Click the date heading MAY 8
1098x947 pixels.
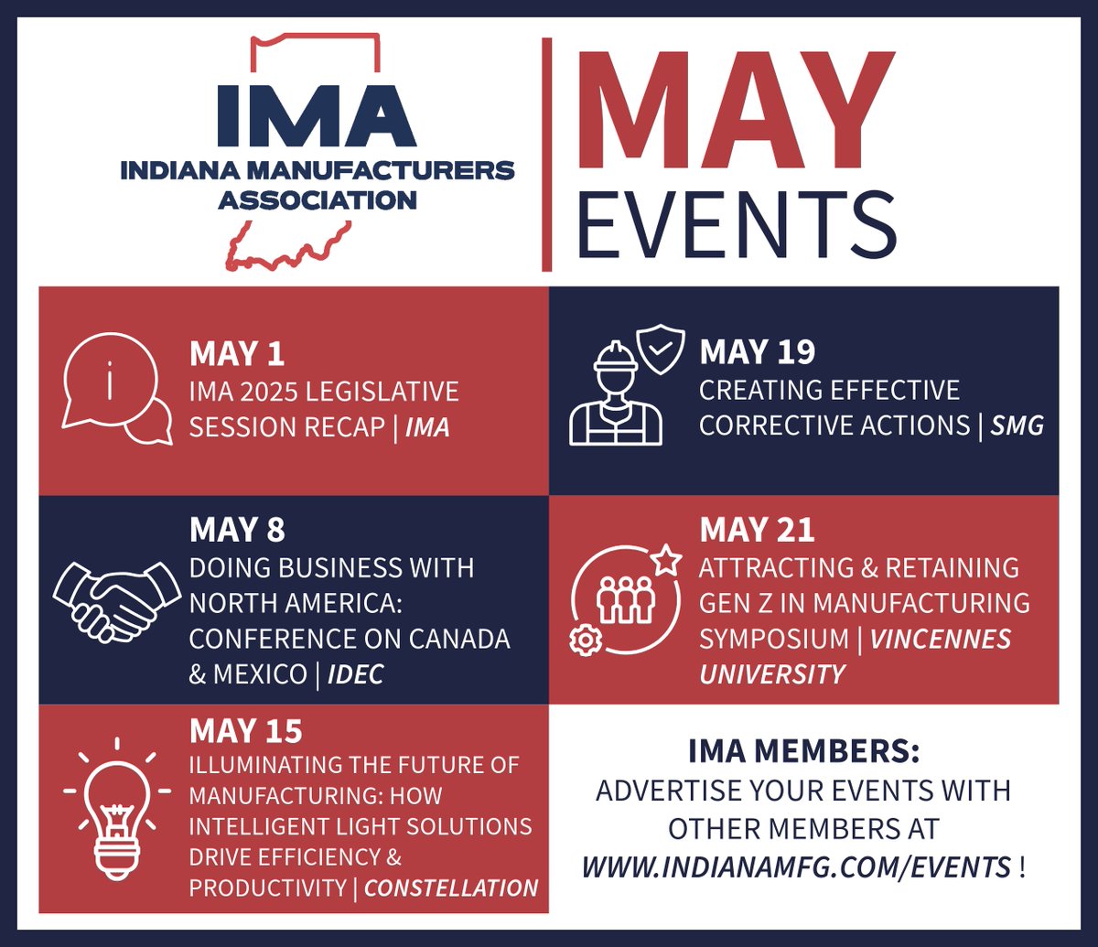237,530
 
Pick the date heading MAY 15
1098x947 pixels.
245,731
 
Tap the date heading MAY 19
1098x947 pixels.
757,352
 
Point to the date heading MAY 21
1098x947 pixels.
757,530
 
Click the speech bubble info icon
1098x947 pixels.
114,390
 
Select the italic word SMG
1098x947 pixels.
1016,425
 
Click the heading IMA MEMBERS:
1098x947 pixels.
803,752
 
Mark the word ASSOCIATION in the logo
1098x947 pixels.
317,198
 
